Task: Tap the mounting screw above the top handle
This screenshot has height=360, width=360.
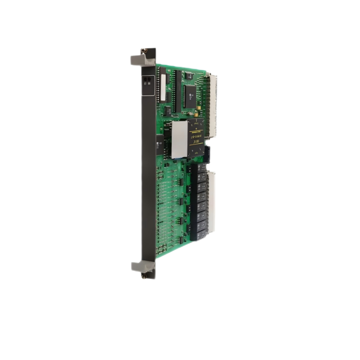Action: click(x=144, y=51)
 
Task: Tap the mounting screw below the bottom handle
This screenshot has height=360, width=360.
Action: click(x=144, y=275)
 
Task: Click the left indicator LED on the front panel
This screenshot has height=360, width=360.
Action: click(x=145, y=79)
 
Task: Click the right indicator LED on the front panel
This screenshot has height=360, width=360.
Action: click(x=149, y=79)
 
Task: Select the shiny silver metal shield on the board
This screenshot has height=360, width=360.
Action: click(x=179, y=139)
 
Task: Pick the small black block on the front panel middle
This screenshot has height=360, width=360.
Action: click(x=158, y=143)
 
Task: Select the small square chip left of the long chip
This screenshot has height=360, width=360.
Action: click(x=167, y=110)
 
